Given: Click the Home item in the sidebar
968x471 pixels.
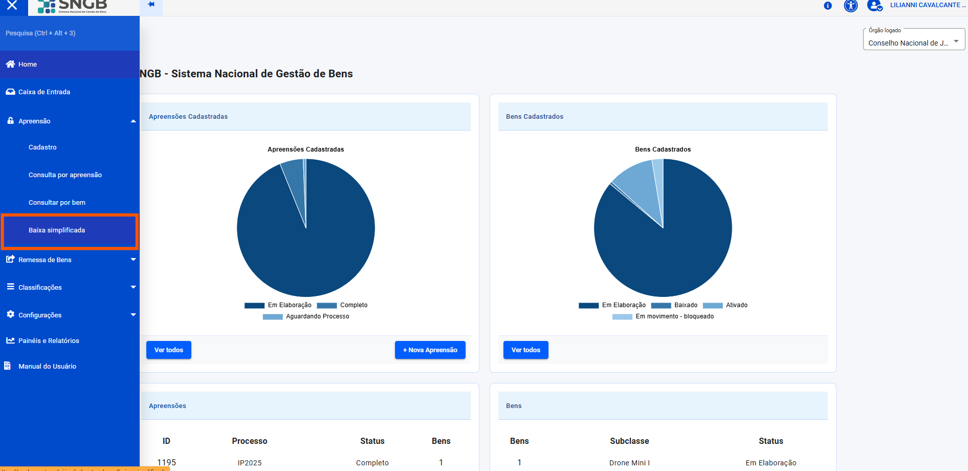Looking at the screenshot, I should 28,65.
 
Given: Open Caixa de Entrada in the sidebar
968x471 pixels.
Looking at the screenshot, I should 44,92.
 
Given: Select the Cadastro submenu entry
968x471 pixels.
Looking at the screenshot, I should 42,147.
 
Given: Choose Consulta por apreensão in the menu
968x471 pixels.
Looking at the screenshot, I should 65,175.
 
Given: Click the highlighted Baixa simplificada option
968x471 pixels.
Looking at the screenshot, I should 57,230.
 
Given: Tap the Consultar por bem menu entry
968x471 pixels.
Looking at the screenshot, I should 57,203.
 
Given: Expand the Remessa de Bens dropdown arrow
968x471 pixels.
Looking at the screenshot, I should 133,260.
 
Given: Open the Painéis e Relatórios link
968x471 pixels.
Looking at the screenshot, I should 49,341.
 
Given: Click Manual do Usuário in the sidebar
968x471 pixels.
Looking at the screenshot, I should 47,367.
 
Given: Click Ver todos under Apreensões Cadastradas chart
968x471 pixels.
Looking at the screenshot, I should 168,350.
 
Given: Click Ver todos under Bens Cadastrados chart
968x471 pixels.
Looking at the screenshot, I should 525,350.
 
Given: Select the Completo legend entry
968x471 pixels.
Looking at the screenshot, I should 342,305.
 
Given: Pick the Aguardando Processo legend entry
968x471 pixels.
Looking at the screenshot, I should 306,316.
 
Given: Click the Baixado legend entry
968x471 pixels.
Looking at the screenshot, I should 674,305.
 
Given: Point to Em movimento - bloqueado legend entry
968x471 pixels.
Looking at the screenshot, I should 663,316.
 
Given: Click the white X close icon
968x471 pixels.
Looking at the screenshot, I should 12,6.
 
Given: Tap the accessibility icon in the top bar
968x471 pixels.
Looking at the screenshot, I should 851,6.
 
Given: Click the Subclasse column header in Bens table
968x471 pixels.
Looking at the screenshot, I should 629,441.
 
